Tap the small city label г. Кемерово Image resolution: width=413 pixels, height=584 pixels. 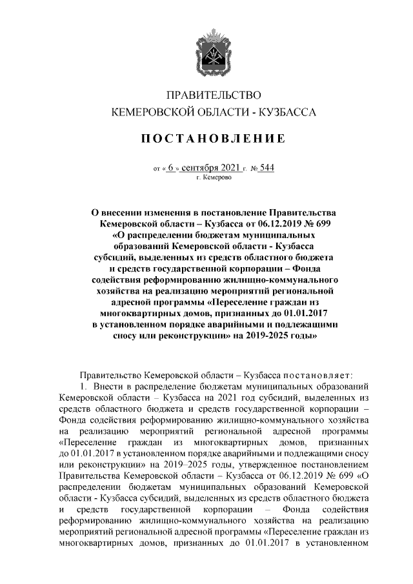pyautogui.click(x=214, y=177)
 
